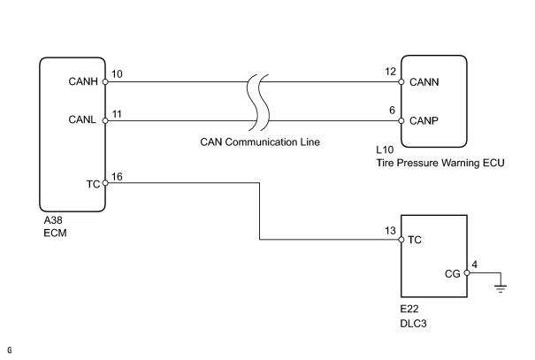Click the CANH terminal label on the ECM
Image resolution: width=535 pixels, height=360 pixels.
(x=83, y=81)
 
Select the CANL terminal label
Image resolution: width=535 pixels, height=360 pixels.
(x=82, y=119)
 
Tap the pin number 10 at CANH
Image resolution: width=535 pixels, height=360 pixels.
(x=117, y=74)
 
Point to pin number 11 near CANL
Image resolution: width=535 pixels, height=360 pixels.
(x=117, y=114)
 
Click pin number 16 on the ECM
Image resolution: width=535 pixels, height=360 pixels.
(x=117, y=176)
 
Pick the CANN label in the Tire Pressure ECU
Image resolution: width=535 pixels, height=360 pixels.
(x=424, y=82)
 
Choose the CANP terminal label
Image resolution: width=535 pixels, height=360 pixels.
(x=424, y=121)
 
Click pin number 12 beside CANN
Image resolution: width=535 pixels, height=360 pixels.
(x=390, y=72)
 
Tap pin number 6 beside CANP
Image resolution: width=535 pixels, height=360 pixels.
(x=392, y=111)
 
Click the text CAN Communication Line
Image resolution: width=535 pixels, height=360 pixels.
(x=260, y=142)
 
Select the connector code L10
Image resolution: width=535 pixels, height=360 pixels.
(x=385, y=149)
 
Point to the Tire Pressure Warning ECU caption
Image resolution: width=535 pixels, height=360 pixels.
(x=440, y=163)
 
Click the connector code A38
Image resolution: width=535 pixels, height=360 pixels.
(x=53, y=220)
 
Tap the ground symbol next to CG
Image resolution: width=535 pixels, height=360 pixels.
(x=501, y=286)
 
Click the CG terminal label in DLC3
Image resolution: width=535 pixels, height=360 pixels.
(x=453, y=273)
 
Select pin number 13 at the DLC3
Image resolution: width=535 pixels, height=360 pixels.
(x=390, y=231)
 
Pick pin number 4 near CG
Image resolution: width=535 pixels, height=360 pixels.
(x=475, y=264)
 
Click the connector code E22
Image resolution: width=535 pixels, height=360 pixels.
(x=409, y=309)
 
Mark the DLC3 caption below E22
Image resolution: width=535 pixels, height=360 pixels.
(x=413, y=324)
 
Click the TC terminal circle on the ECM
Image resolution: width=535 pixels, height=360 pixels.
(x=105, y=183)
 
